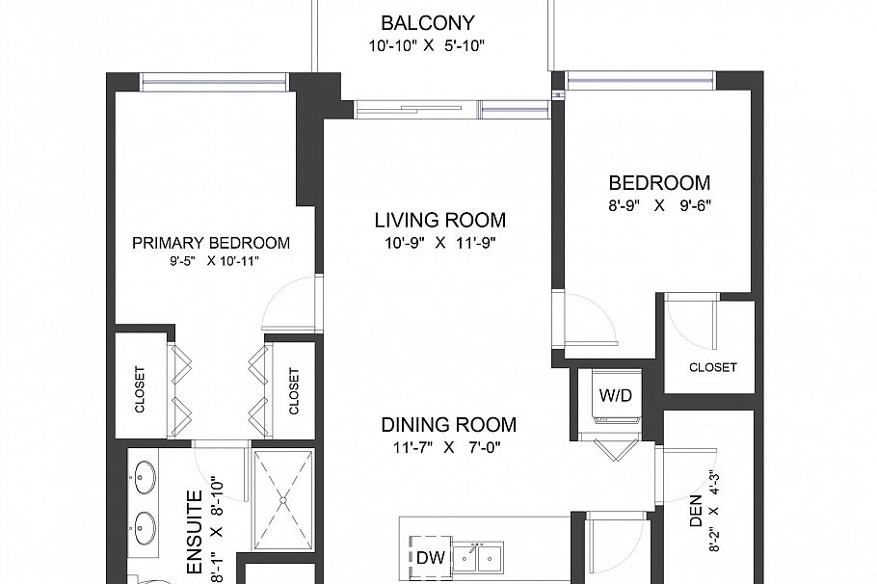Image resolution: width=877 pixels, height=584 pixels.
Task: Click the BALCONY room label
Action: pyautogui.click(x=427, y=23)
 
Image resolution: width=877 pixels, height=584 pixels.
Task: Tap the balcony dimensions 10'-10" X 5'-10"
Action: pyautogui.click(x=427, y=46)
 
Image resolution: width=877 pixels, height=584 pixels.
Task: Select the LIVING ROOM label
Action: pyautogui.click(x=439, y=221)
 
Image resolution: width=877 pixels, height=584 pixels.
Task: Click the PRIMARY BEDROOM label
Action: pyautogui.click(x=211, y=243)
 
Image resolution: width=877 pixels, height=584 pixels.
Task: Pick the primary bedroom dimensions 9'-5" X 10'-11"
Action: pyautogui.click(x=211, y=260)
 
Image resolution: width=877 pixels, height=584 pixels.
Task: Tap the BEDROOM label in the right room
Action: pyautogui.click(x=659, y=182)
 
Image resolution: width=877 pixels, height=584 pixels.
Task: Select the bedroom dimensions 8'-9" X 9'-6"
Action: pyautogui.click(x=659, y=205)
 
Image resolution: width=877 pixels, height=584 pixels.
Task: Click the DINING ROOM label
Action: pyautogui.click(x=448, y=424)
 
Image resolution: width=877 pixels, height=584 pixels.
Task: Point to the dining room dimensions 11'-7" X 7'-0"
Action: pyautogui.click(x=448, y=447)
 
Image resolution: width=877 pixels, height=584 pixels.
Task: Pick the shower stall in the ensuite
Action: pyautogui.click(x=283, y=498)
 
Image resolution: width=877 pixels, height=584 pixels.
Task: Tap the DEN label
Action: pyautogui.click(x=696, y=521)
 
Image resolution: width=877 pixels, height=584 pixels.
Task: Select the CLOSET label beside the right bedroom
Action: pyautogui.click(x=713, y=367)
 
